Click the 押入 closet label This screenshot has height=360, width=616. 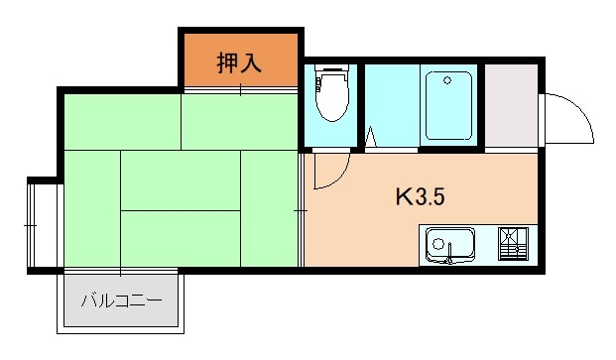[x=239, y=61]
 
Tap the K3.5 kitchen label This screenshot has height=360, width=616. [x=420, y=197]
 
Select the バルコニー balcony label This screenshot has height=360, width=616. [x=121, y=300]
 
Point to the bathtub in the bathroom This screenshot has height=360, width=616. [x=449, y=106]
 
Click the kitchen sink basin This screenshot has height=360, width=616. [x=449, y=243]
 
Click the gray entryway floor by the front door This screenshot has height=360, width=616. [x=510, y=106]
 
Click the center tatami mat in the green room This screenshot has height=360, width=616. [x=181, y=180]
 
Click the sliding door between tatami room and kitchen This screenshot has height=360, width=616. [x=301, y=209]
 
